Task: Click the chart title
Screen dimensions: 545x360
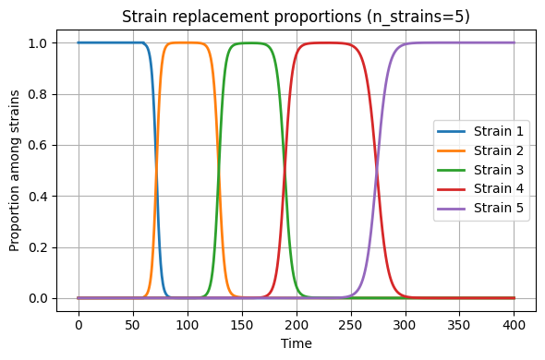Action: click(296, 17)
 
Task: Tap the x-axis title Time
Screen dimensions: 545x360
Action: click(297, 343)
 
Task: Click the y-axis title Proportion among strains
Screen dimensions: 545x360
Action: click(14, 171)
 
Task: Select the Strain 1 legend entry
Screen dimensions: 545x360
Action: click(480, 131)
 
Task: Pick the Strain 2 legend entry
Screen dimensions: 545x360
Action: click(480, 150)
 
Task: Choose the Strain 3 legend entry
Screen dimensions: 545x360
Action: click(480, 170)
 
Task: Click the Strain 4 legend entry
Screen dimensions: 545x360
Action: click(480, 188)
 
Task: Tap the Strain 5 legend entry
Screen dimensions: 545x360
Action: click(480, 208)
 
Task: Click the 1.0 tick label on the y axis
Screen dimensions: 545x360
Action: click(38, 43)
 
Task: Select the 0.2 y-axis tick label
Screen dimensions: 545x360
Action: click(38, 247)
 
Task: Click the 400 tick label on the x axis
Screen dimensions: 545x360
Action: click(515, 325)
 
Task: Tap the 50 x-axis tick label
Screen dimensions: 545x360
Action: click(133, 325)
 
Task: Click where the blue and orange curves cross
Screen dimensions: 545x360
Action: click(156, 170)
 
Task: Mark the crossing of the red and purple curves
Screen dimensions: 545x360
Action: click(377, 170)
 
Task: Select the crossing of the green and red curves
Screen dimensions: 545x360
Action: click(285, 170)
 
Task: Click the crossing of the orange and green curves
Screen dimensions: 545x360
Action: click(218, 170)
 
